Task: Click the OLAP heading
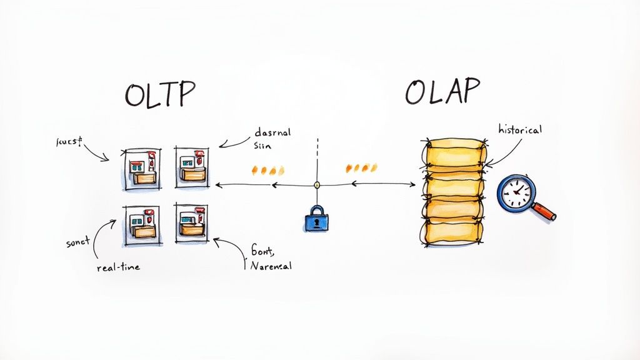click(442, 92)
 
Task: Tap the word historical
click(519, 130)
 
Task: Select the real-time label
click(118, 267)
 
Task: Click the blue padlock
click(316, 219)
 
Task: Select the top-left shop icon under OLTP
click(141, 168)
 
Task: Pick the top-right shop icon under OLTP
click(192, 166)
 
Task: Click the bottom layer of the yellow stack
click(452, 232)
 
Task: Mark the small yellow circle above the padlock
click(317, 185)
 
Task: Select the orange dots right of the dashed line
click(362, 167)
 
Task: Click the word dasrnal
click(273, 132)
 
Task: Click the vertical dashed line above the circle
click(317, 156)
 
